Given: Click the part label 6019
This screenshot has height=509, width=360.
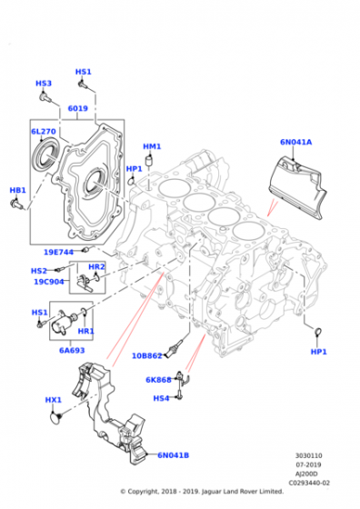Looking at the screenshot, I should click(77, 109).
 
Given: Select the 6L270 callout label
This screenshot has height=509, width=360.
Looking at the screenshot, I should click(43, 132).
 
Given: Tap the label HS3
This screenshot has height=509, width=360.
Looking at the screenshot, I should click(44, 84).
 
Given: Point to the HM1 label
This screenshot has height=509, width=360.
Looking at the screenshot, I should click(152, 146).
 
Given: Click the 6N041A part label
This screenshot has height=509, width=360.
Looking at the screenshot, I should click(295, 142).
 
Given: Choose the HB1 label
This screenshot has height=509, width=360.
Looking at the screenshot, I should click(17, 191).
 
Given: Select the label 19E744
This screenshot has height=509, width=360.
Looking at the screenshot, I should click(59, 251).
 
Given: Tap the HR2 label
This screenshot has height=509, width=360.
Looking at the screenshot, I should click(96, 267).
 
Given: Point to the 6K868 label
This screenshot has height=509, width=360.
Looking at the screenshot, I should click(158, 380).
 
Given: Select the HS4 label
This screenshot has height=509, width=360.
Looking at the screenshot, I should click(160, 398).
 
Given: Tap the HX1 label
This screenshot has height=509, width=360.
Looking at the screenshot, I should click(54, 400).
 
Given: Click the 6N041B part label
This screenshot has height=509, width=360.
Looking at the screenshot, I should click(174, 455).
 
